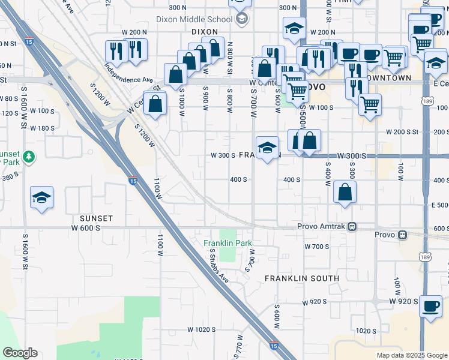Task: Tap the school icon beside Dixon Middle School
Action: coord(241,18)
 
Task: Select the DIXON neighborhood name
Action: coord(204,31)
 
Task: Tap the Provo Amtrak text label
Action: coord(322,227)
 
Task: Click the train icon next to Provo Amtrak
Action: coord(353,227)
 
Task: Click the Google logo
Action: coord(20,353)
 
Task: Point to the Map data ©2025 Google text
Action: coord(411,355)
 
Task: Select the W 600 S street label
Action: coord(84,227)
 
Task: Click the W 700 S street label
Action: coord(316,247)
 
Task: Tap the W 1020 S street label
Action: coord(201,329)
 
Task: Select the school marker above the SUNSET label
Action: coord(42,197)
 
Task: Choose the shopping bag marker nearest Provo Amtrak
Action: coord(345,192)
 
